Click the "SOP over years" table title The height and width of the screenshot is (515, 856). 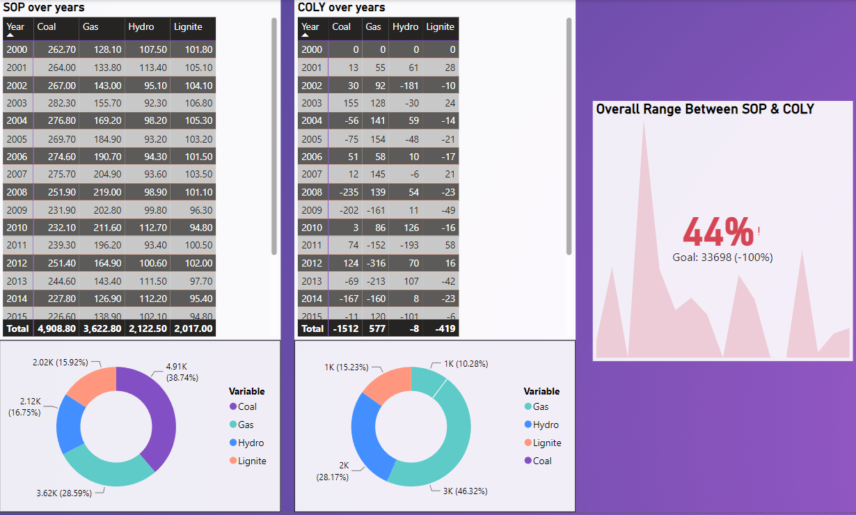point(45,8)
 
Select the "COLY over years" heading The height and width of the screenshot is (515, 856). point(341,8)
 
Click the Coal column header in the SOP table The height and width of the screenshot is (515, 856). point(47,27)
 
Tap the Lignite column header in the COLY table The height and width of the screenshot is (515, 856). point(440,27)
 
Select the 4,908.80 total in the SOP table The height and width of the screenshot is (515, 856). point(56,328)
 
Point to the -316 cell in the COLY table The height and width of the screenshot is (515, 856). point(373,263)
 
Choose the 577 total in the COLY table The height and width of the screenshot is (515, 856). point(373,328)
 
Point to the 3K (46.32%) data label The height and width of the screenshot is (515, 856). point(465,491)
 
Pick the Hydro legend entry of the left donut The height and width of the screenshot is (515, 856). point(251,443)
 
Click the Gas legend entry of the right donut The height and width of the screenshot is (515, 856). point(541,406)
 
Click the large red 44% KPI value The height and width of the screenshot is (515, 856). point(718,232)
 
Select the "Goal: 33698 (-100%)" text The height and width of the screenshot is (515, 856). point(722,257)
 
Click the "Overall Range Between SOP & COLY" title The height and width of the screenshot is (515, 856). point(705,109)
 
